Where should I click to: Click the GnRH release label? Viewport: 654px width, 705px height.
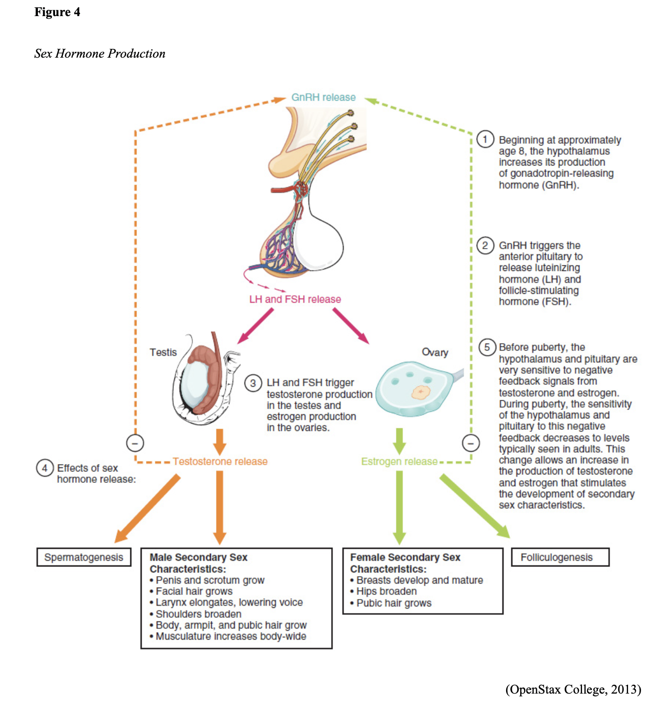(x=323, y=98)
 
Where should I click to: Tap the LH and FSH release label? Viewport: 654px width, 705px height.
(x=295, y=300)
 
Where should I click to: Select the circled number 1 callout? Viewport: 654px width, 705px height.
(x=485, y=139)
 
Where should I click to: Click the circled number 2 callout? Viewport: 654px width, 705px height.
(x=485, y=245)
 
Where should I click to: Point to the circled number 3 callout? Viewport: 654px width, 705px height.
(x=253, y=383)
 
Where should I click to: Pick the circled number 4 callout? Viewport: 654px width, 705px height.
(x=45, y=468)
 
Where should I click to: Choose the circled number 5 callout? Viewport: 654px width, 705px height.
(x=487, y=347)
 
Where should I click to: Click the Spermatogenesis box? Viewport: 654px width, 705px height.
(x=84, y=557)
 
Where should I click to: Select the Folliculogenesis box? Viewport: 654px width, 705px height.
(x=560, y=557)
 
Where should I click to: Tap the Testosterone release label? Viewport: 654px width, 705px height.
(x=220, y=462)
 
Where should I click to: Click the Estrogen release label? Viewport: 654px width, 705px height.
(x=399, y=462)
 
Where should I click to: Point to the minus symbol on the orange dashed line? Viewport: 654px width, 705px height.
(x=135, y=443)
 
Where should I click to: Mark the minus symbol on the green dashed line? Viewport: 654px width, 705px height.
(x=471, y=443)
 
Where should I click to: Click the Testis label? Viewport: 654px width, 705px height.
(x=163, y=353)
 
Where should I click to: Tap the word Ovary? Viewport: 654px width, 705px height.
(x=435, y=353)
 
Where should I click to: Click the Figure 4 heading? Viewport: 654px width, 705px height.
(x=57, y=12)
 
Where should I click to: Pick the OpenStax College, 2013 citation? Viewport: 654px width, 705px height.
(x=573, y=689)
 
